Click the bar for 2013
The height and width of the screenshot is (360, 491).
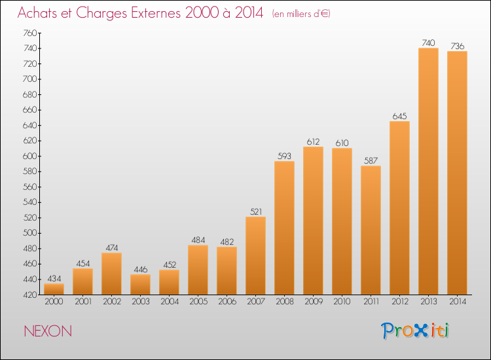[x=428, y=171]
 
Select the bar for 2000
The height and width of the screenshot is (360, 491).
[x=54, y=289]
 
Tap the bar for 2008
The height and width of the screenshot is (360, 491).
[x=284, y=228]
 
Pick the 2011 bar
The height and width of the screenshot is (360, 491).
[x=371, y=230]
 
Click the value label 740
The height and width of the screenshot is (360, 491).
[x=428, y=43]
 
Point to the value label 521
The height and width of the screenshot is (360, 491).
[x=256, y=211]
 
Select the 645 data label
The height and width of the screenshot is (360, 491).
[x=399, y=116]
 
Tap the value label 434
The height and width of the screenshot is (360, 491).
[x=54, y=279]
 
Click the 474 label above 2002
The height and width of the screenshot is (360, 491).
[x=112, y=248]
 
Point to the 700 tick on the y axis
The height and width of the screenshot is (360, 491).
[x=29, y=79]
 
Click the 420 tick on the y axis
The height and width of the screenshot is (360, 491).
[x=29, y=295]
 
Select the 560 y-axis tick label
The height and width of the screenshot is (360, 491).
[x=29, y=187]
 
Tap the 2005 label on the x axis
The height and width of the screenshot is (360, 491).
[x=198, y=302]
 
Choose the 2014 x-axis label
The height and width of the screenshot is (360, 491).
[x=458, y=302]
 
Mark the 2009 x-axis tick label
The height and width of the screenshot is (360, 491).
[x=314, y=302]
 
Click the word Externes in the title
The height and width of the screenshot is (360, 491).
[x=156, y=13]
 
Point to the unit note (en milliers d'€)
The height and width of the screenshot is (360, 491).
[x=301, y=14]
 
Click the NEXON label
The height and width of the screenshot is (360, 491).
[x=48, y=331]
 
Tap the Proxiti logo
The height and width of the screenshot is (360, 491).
[x=415, y=331]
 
